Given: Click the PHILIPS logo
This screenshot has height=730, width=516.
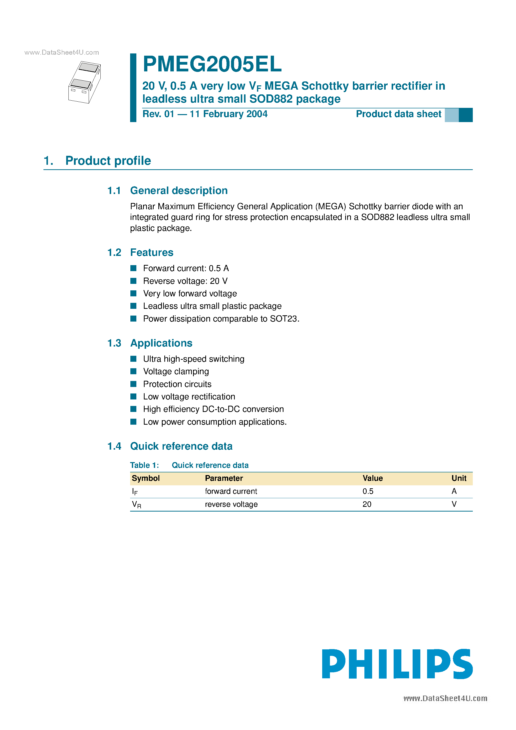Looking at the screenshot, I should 397,664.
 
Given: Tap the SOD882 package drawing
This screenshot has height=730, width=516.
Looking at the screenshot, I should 85,82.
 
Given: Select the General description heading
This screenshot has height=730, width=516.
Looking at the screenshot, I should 179,190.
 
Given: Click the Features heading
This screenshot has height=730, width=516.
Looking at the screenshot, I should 152,252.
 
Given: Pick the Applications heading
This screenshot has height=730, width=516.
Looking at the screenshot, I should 161,343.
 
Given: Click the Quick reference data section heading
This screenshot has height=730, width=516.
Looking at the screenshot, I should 181,446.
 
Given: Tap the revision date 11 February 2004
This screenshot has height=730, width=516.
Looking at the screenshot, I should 229,114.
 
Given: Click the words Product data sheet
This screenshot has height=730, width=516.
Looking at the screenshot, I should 398,114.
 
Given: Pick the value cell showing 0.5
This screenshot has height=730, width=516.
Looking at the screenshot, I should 368,491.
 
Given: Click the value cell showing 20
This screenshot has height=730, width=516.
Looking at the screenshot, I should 367,504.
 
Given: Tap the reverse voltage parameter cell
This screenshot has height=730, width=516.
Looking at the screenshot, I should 231,504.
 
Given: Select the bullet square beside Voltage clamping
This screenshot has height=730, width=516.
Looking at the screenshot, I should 134,371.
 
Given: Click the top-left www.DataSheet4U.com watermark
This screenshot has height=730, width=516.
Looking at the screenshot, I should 62,52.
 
